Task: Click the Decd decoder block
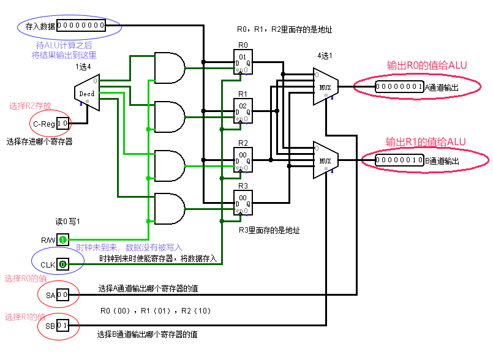click(86, 94)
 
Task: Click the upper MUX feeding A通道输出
click(325, 87)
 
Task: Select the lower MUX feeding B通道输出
click(325, 160)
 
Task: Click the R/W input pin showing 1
click(63, 239)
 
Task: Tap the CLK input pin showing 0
click(63, 264)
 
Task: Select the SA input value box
click(63, 295)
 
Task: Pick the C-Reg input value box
click(63, 124)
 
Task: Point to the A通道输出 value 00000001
click(399, 87)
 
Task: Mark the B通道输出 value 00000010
click(399, 161)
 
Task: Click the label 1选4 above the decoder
click(83, 67)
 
